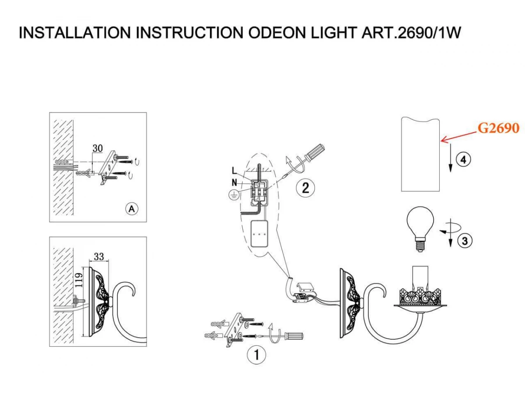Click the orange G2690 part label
point(498,128)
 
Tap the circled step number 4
point(463,159)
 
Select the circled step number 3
point(465,241)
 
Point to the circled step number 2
point(305,188)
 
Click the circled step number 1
point(256,355)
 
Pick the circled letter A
point(132,209)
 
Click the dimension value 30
point(98,148)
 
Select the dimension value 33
point(99,257)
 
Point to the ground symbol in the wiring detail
point(234,194)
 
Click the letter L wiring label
point(234,170)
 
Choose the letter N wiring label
point(234,183)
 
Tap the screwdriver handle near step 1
point(293,336)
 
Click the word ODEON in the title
point(277,32)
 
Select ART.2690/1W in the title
point(411,32)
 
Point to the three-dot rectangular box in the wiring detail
point(259,234)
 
